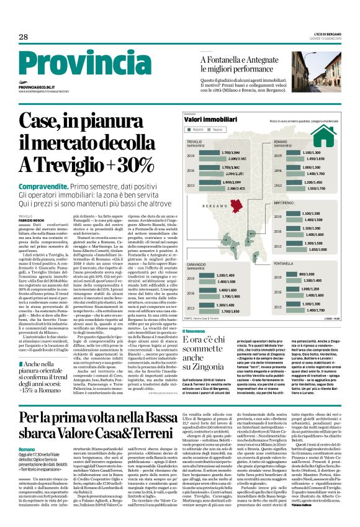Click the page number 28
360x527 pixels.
(x=24, y=37)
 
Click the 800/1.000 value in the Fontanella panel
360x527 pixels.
(x=308, y=274)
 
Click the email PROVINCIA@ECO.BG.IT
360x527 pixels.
(x=36, y=88)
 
